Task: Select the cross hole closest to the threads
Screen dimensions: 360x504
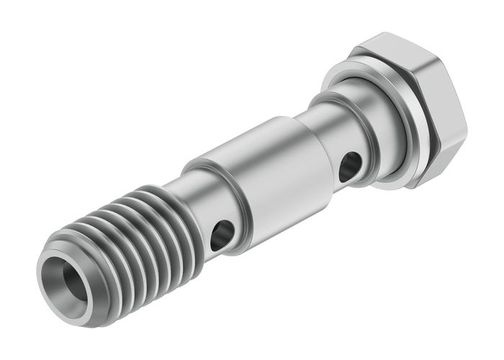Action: point(222,235)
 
